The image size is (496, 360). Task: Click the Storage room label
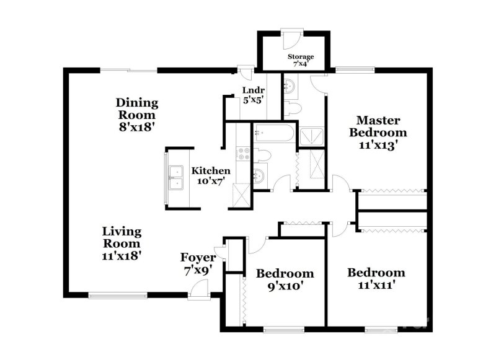300,60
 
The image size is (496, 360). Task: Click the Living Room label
122,243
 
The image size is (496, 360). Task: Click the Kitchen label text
211,175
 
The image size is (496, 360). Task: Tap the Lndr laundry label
253,94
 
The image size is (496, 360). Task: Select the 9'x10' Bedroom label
285,279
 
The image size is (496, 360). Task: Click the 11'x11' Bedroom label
376,278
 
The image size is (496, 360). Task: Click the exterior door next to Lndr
246,70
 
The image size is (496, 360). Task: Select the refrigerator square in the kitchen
241,195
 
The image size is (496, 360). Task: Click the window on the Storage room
289,29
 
